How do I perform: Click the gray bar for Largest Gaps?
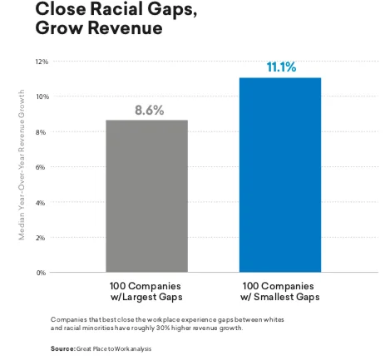click(146, 196)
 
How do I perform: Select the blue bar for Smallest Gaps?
click(279, 175)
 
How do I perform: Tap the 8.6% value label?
click(146, 110)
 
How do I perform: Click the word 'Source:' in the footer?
click(63, 348)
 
